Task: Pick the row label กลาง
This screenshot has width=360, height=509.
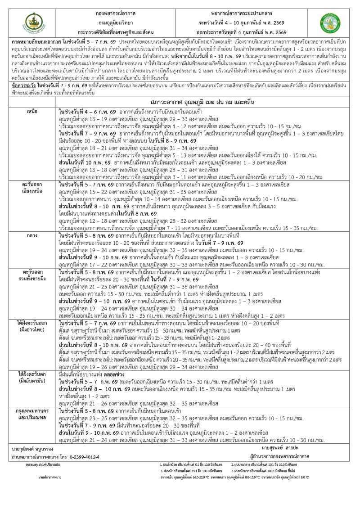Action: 32,235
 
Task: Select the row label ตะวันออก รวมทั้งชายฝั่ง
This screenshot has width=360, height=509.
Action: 32,276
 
